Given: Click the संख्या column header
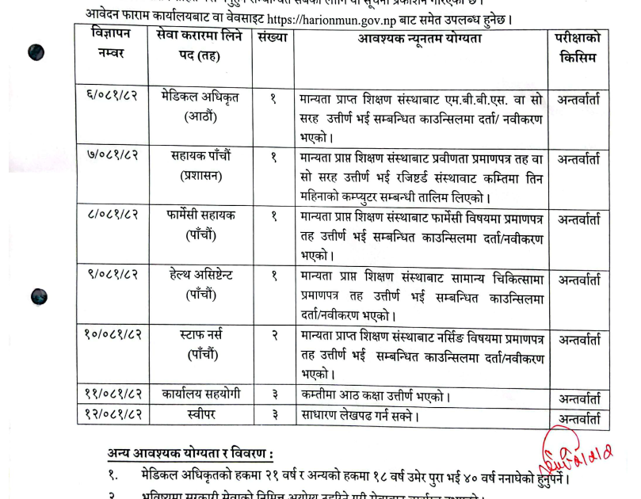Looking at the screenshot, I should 273,38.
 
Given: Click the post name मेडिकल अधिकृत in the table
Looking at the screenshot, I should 199,98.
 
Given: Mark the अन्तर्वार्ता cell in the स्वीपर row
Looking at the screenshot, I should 579,416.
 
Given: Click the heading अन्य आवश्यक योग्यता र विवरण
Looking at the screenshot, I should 190,454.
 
